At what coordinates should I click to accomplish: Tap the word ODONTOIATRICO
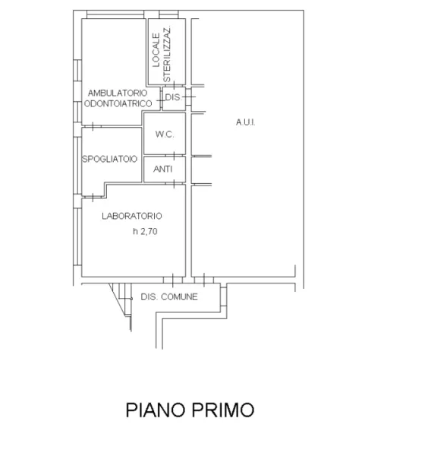coord(118,103)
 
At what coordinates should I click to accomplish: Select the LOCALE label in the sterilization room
coord(156,50)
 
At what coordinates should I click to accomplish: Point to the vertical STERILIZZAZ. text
coord(167,55)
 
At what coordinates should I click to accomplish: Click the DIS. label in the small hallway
coord(173,97)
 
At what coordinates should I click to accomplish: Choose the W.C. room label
coord(165,135)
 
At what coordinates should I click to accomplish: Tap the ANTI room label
coord(163,169)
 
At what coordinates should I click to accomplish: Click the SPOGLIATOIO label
coord(109,159)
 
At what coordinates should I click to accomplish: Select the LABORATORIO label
coord(132,216)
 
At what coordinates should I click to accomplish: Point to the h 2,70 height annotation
coord(145,232)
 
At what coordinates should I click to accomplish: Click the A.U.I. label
coord(246,122)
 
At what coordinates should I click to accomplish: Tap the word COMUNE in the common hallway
coord(179,296)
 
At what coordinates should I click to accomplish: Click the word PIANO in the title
coord(156,410)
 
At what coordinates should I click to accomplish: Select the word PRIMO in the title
coord(222,410)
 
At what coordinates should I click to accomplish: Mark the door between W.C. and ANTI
coord(174,156)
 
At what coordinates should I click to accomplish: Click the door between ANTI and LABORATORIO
coord(174,183)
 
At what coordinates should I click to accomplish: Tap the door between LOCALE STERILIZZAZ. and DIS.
coord(174,85)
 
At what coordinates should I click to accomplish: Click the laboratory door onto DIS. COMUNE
coord(173,280)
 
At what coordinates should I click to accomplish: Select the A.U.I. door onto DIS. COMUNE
coord(204,280)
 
